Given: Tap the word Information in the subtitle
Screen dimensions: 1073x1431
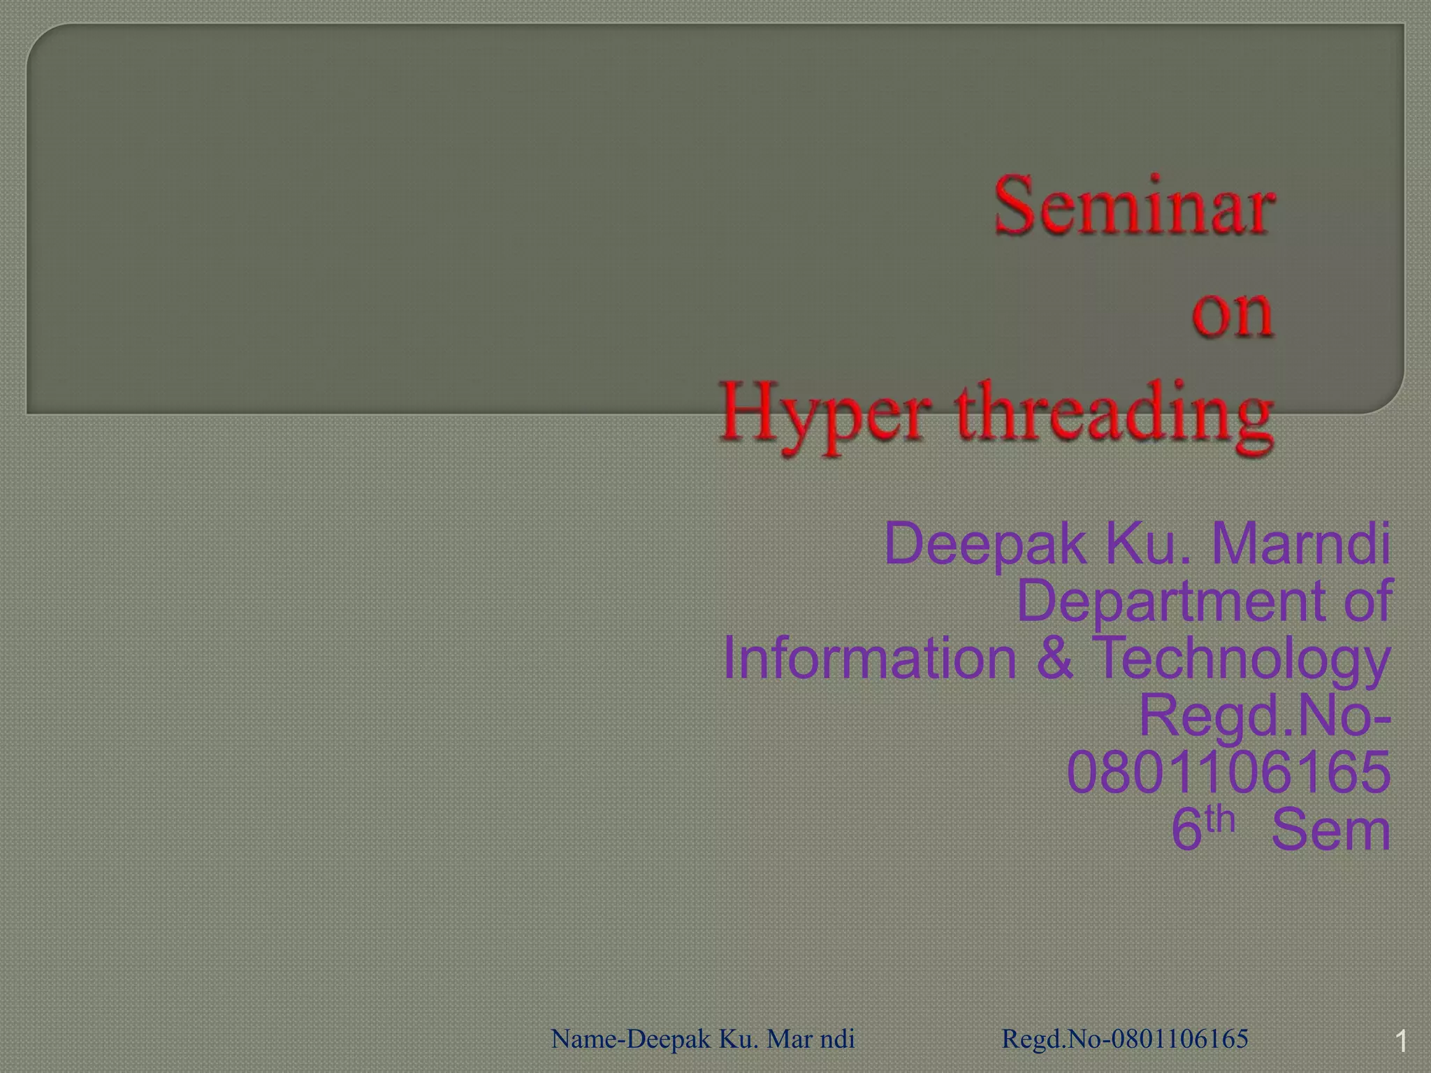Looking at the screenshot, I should click(x=869, y=659).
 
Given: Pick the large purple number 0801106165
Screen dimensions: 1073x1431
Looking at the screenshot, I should click(x=1228, y=773).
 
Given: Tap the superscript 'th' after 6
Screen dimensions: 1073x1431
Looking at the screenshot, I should click(x=1220, y=819).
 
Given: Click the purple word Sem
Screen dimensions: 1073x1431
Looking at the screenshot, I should click(x=1330, y=831).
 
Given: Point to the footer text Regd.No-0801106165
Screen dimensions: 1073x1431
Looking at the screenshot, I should click(x=1125, y=1039).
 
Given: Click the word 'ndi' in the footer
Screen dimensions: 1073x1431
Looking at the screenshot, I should click(x=837, y=1039).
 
